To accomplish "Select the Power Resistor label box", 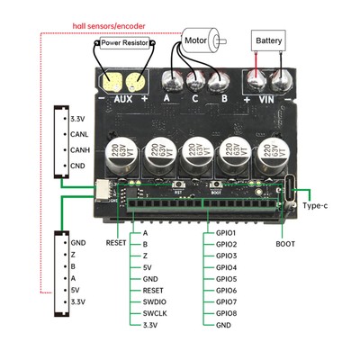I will [x=125, y=42].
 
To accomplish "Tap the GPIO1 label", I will [x=226, y=232].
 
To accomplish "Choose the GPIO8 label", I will [x=226, y=313].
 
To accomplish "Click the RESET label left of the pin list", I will [x=116, y=243].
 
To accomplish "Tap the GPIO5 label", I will [x=226, y=278].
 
